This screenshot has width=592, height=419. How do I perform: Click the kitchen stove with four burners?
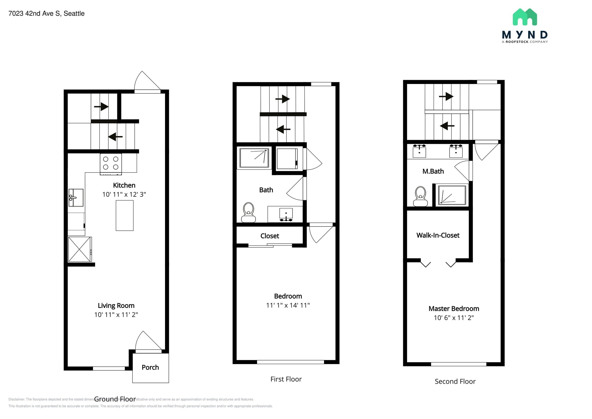(x=111, y=164)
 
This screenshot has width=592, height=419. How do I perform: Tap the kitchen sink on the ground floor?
(x=76, y=198)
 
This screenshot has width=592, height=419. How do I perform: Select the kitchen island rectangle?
(x=125, y=215)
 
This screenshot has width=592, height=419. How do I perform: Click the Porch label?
(x=150, y=367)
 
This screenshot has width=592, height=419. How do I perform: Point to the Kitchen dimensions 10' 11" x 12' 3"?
(x=124, y=194)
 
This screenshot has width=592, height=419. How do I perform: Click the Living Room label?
(x=116, y=306)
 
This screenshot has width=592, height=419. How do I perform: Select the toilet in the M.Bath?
(x=420, y=197)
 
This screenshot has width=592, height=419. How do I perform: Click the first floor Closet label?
(x=270, y=236)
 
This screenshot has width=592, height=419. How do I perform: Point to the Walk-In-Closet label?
(x=438, y=235)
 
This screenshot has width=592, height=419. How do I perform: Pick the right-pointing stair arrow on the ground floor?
(x=101, y=106)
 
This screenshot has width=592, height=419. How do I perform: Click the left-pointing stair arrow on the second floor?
(x=447, y=126)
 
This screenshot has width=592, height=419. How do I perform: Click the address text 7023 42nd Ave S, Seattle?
(x=47, y=14)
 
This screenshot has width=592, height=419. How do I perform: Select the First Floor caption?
(x=286, y=379)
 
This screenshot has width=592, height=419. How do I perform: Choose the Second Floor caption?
(x=455, y=382)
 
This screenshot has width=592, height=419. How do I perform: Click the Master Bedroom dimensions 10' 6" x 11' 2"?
(x=454, y=318)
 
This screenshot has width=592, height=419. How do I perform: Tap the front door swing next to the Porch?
(x=147, y=341)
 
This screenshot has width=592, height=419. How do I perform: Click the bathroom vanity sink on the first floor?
(x=286, y=214)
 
